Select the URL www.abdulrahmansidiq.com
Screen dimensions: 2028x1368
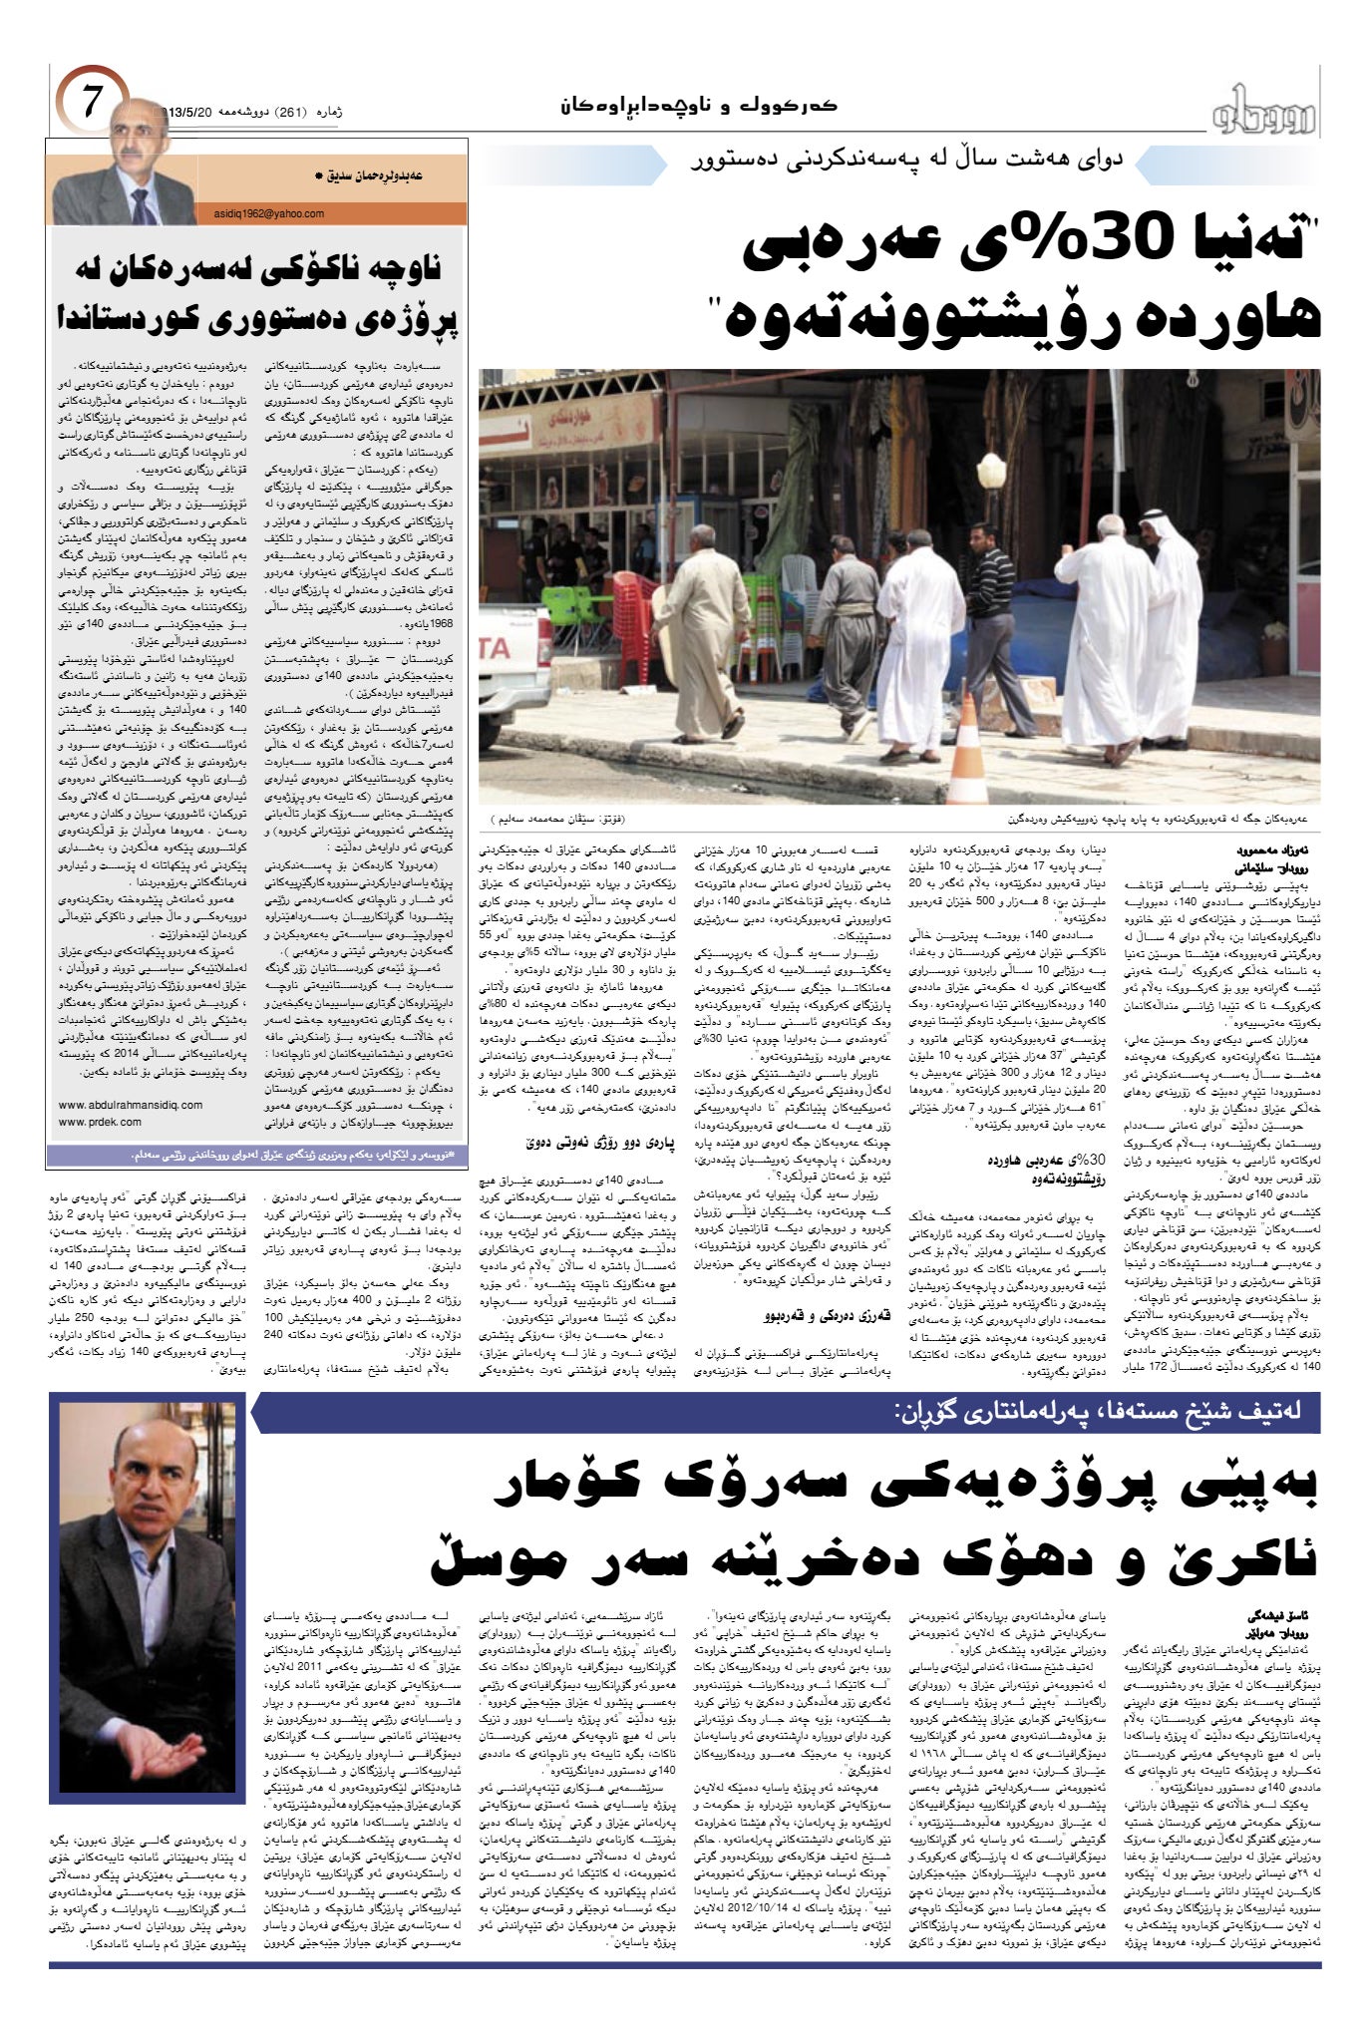pos(131,1105)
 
